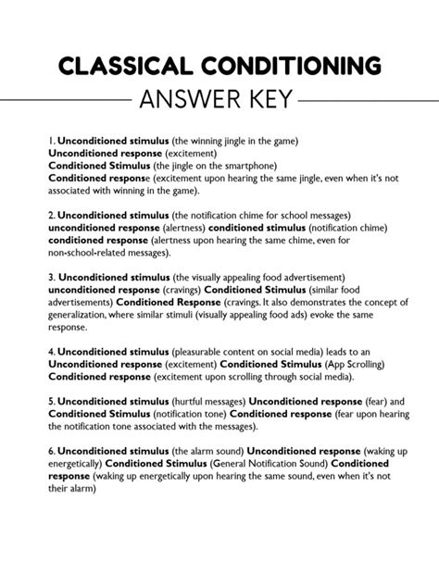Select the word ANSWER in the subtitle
coord(188,97)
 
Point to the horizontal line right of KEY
coord(350,98)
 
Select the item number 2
coord(51,214)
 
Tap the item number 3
coord(51,276)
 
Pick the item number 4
coord(51,352)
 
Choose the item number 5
coord(51,402)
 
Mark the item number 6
coord(51,449)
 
